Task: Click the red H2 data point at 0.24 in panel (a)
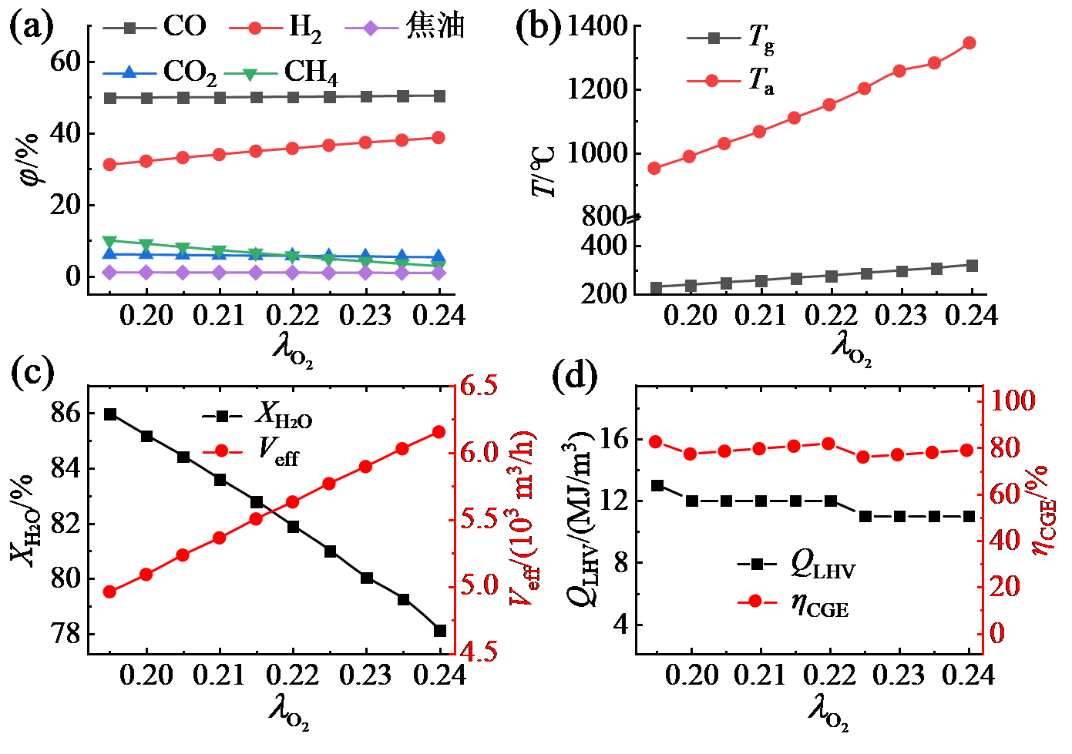pos(439,138)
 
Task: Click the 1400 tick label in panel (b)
pos(597,27)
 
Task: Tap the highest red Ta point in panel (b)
pos(970,43)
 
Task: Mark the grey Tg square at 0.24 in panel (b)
pos(972,266)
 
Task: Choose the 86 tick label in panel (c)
pos(66,414)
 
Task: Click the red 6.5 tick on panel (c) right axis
pos(479,386)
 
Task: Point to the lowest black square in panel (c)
pos(440,631)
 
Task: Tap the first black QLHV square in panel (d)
pos(657,486)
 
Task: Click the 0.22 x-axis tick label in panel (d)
pos(830,675)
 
